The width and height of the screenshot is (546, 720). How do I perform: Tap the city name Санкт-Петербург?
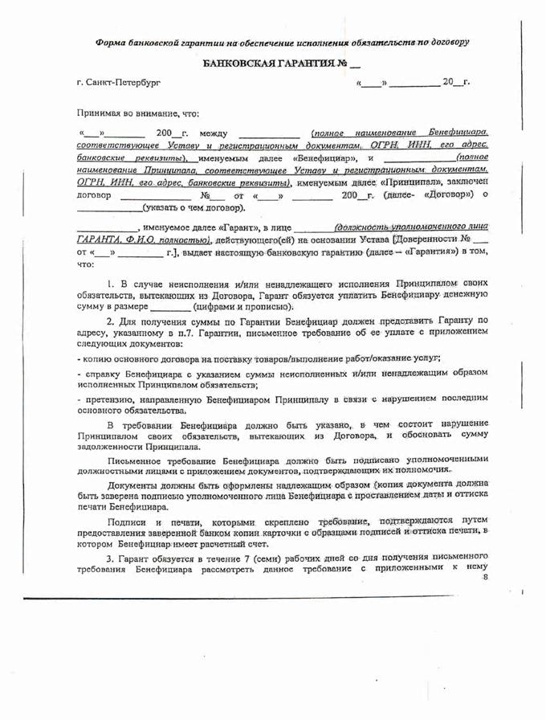(112, 82)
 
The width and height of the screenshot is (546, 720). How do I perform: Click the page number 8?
(484, 577)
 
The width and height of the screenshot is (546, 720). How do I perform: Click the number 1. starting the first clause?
(111, 284)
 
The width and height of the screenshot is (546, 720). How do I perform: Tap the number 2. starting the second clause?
(111, 321)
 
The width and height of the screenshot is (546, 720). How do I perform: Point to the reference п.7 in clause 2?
(240, 331)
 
